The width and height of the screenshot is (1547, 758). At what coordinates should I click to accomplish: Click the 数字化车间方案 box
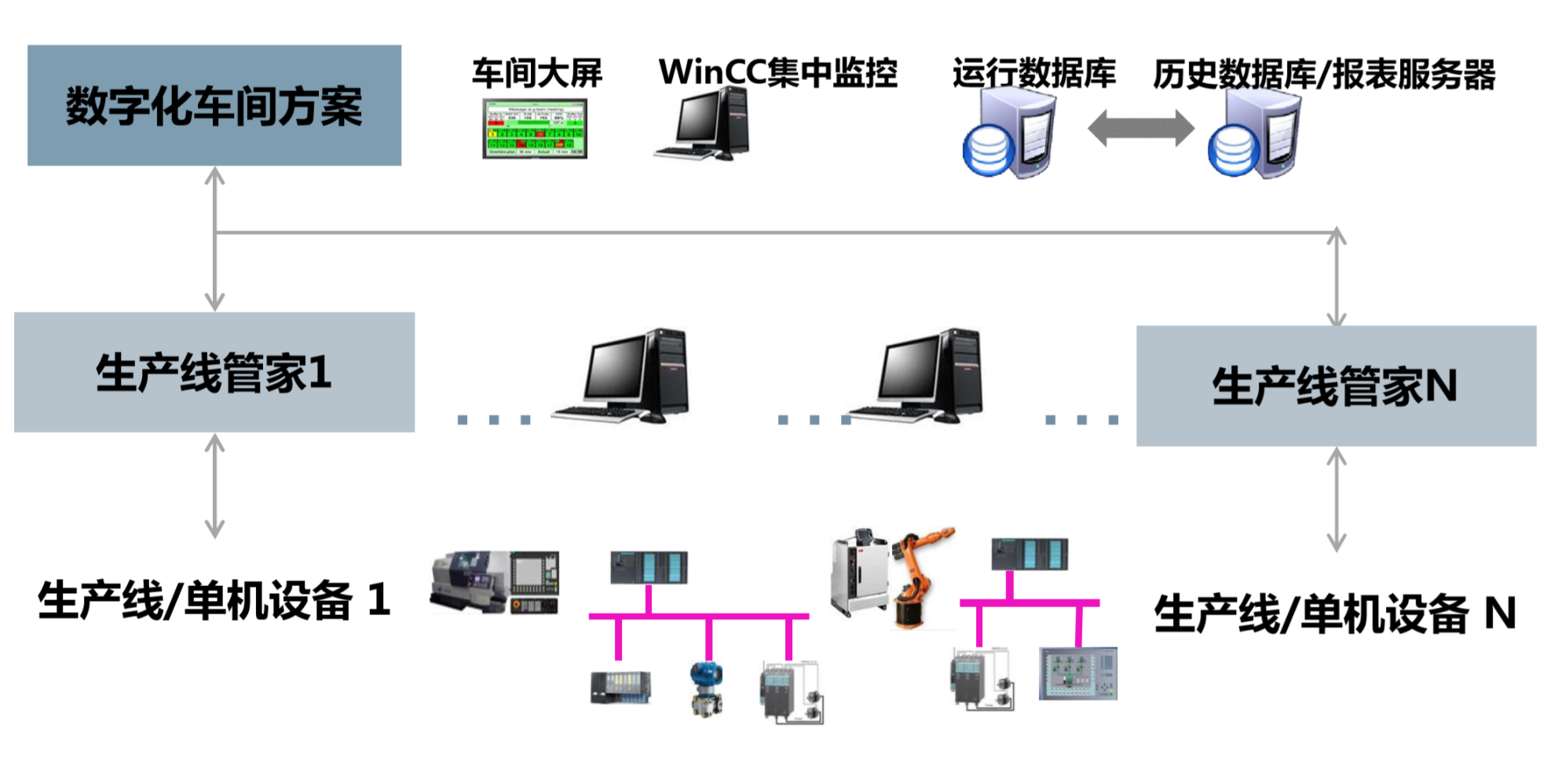point(214,105)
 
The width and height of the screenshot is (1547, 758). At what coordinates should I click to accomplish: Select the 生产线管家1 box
point(214,372)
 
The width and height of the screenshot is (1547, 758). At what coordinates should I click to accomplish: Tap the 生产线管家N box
point(1335,386)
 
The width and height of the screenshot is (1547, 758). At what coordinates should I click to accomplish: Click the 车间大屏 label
point(537,73)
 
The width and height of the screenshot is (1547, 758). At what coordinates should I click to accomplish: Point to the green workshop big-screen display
point(535,129)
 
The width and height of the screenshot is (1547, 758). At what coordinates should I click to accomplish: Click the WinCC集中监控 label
point(777,72)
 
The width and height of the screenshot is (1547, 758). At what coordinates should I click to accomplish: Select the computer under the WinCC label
point(704,125)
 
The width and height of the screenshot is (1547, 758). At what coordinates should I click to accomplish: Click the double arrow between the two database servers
point(1140,128)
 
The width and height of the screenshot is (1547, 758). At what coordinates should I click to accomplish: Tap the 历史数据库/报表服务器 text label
point(1324,75)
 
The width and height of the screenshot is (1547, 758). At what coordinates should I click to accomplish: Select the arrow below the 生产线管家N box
point(1336,500)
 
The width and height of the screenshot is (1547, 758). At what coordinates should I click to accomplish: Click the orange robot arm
point(923,577)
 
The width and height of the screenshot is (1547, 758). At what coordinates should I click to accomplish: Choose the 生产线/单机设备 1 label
point(214,601)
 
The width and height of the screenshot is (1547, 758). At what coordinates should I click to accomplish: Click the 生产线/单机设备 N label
point(1334,613)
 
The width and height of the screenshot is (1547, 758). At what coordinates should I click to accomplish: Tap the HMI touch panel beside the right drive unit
point(1077,674)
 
